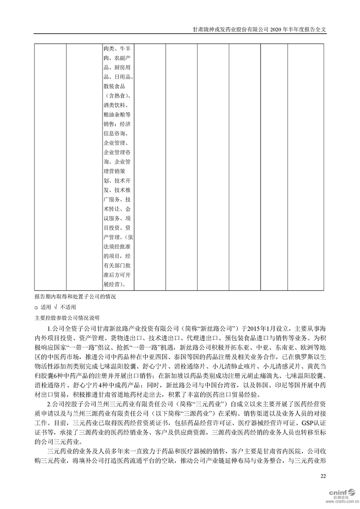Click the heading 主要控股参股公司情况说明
tap(66, 318)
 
